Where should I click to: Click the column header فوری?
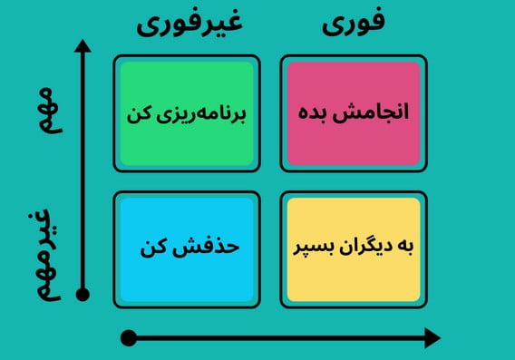point(354,24)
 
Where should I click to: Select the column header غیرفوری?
point(189,24)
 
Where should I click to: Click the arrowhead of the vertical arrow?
point(83,46)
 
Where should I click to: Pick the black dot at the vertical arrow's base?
point(83,294)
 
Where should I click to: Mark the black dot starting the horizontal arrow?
point(129,338)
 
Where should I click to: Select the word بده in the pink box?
point(318,114)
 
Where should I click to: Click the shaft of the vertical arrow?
point(83,172)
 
